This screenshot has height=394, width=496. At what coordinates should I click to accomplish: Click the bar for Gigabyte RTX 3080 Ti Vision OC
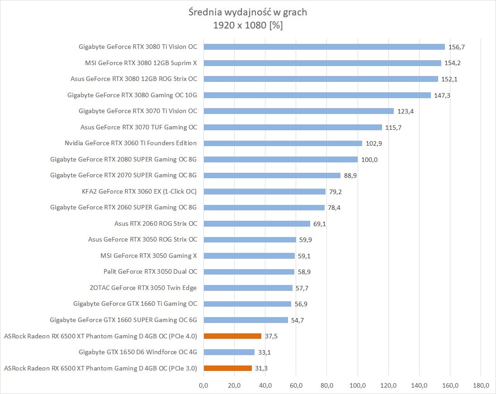324,47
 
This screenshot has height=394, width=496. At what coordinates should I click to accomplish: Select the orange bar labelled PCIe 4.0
232,336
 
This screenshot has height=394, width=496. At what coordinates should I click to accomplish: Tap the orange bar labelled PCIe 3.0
227,368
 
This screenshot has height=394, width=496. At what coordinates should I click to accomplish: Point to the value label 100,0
369,160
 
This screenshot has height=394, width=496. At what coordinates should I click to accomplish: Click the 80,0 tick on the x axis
327,385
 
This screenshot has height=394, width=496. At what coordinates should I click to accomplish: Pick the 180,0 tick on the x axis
481,385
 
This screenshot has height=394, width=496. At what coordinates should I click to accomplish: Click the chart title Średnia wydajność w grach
248,12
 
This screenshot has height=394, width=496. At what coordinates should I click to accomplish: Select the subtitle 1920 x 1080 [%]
248,25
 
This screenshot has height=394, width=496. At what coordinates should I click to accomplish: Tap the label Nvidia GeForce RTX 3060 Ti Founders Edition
131,143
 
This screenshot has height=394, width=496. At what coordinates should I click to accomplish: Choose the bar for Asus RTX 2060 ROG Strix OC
257,223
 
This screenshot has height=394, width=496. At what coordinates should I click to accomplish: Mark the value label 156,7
456,47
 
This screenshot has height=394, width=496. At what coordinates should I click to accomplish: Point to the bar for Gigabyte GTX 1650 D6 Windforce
229,352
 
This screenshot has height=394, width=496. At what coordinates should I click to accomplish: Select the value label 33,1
265,352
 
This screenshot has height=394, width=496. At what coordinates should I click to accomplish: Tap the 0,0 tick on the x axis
203,385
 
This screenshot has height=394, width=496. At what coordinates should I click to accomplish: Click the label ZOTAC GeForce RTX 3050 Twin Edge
143,288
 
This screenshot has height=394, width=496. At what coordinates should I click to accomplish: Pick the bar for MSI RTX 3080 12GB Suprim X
322,63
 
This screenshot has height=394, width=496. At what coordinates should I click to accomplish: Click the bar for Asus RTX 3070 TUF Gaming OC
293,127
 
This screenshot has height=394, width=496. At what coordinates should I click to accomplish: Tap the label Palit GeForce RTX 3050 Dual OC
150,272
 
